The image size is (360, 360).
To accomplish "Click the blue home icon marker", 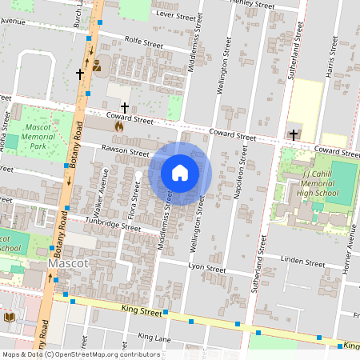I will pyautogui.click(x=180, y=173).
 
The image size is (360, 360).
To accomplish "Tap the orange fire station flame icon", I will pyautogui.click(x=118, y=126).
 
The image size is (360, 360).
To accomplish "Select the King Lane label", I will pyautogui.click(x=154, y=337).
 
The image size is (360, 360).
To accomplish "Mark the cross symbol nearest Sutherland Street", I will pyautogui.click(x=294, y=134).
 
